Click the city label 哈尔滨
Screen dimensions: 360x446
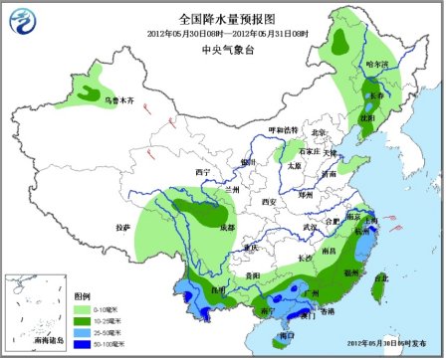pos(377,65)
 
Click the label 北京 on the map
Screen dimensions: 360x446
pos(319,132)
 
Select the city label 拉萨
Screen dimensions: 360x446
pos(122,227)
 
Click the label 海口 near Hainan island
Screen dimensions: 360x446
pos(288,335)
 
